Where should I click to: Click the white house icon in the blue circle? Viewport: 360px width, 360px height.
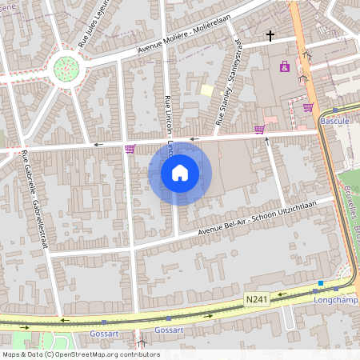[x=180, y=173]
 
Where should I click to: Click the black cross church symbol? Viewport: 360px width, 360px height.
[x=270, y=36]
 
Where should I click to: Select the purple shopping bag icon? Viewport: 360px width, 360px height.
[x=285, y=66]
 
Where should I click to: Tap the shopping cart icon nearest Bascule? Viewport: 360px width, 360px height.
[x=308, y=106]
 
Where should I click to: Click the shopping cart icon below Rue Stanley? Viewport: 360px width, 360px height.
[x=258, y=129]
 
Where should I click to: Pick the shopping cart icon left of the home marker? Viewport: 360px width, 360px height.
[x=130, y=149]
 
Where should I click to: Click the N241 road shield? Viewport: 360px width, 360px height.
[x=255, y=298]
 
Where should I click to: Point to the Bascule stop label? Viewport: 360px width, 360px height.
[x=334, y=120]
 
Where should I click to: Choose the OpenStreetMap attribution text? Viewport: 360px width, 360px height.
[x=81, y=354]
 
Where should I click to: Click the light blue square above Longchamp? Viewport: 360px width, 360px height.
[x=321, y=283]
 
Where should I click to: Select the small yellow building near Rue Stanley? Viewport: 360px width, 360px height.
[x=206, y=91]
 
